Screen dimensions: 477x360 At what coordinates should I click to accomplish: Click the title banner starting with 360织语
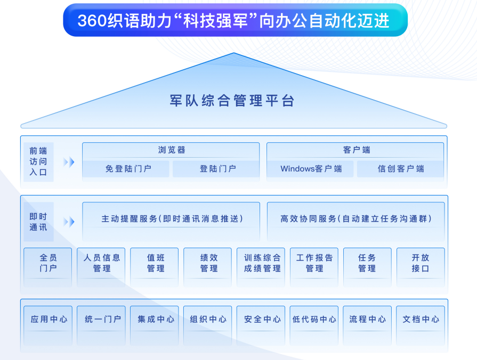pos(235,20)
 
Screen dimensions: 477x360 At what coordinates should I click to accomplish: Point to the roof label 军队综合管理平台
pos(232,101)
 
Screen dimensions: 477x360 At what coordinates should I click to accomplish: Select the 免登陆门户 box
pos(126,169)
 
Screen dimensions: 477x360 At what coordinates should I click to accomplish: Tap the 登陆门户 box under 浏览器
pos(216,169)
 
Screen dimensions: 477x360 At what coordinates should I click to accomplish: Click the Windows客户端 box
pos(310,169)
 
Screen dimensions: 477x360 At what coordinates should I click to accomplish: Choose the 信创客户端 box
pos(400,169)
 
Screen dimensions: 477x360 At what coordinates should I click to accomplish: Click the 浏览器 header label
pos(172,150)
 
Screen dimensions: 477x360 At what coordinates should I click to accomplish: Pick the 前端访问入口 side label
pos(38,162)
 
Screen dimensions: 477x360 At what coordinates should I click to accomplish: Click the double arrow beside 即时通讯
pos(69,222)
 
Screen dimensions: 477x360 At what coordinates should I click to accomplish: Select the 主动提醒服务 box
pos(171,222)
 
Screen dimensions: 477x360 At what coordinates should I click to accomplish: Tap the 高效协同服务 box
pos(355,222)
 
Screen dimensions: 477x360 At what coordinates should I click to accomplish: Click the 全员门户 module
pos(48,267)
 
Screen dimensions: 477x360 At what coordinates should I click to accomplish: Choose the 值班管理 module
pos(154,267)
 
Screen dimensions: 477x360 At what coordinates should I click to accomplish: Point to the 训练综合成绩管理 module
pos(261,267)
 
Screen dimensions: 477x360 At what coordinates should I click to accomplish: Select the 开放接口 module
pos(421,267)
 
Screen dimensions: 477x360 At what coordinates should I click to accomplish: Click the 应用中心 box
pos(48,325)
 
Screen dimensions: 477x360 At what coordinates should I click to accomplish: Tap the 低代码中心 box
pos(314,325)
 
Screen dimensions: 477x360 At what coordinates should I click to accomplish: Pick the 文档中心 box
pos(421,325)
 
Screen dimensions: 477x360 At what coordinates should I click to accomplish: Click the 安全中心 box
pos(261,325)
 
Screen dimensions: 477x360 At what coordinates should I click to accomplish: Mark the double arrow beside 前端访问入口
pos(69,162)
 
